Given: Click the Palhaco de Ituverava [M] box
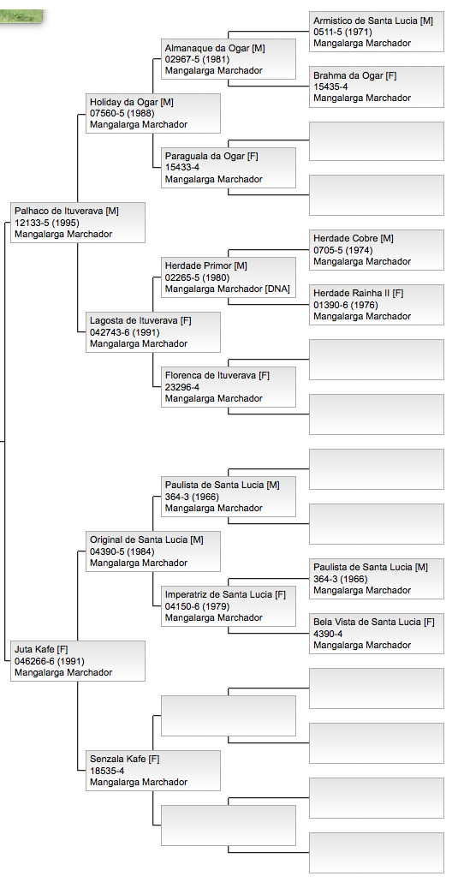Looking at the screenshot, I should pos(77,223).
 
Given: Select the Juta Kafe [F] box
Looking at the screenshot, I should pos(77,661).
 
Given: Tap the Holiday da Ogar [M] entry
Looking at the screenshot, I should pos(152,113).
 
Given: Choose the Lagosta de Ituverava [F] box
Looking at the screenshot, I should pos(152,332).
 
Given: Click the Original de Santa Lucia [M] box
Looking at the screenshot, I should pos(152,551).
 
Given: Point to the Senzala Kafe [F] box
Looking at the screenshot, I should pos(152,771).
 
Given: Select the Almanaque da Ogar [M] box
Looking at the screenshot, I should pos(228,59).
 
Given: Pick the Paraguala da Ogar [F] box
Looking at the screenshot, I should pos(228,168).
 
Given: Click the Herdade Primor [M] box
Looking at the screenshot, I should pos(228,277).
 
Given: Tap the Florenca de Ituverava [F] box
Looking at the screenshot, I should pos(228,387).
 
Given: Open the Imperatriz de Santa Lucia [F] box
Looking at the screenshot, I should pos(228,606).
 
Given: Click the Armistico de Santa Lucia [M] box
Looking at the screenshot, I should pos(377,32).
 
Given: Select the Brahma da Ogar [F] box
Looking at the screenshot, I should pos(377,86).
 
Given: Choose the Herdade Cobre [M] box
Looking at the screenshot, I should pos(377,250).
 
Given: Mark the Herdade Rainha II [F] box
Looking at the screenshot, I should pos(377,305).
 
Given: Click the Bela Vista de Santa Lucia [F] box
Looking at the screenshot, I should pos(377,634).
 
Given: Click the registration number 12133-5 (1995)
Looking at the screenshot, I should pos(49,223).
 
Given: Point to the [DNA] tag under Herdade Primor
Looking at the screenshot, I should pos(277,289).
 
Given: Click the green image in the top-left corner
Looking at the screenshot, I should pos(21,15).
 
